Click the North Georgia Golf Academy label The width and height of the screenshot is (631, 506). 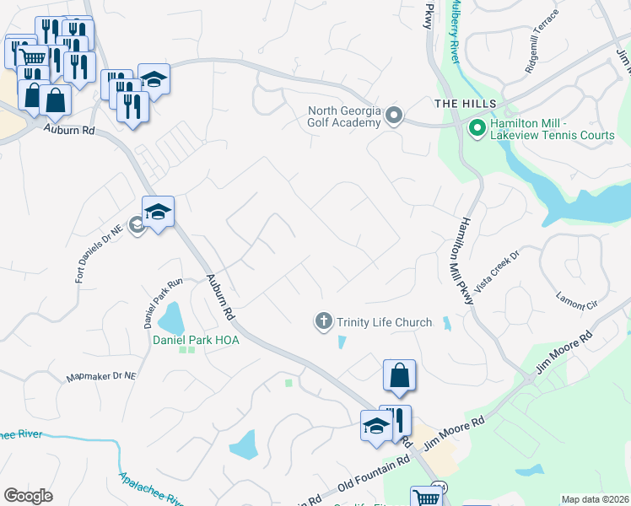pos(344,116)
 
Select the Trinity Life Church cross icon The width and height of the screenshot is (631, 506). pos(323,321)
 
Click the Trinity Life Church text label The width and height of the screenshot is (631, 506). pos(385,322)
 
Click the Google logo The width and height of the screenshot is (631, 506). pos(28,496)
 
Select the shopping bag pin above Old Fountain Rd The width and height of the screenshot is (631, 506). pos(400,375)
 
